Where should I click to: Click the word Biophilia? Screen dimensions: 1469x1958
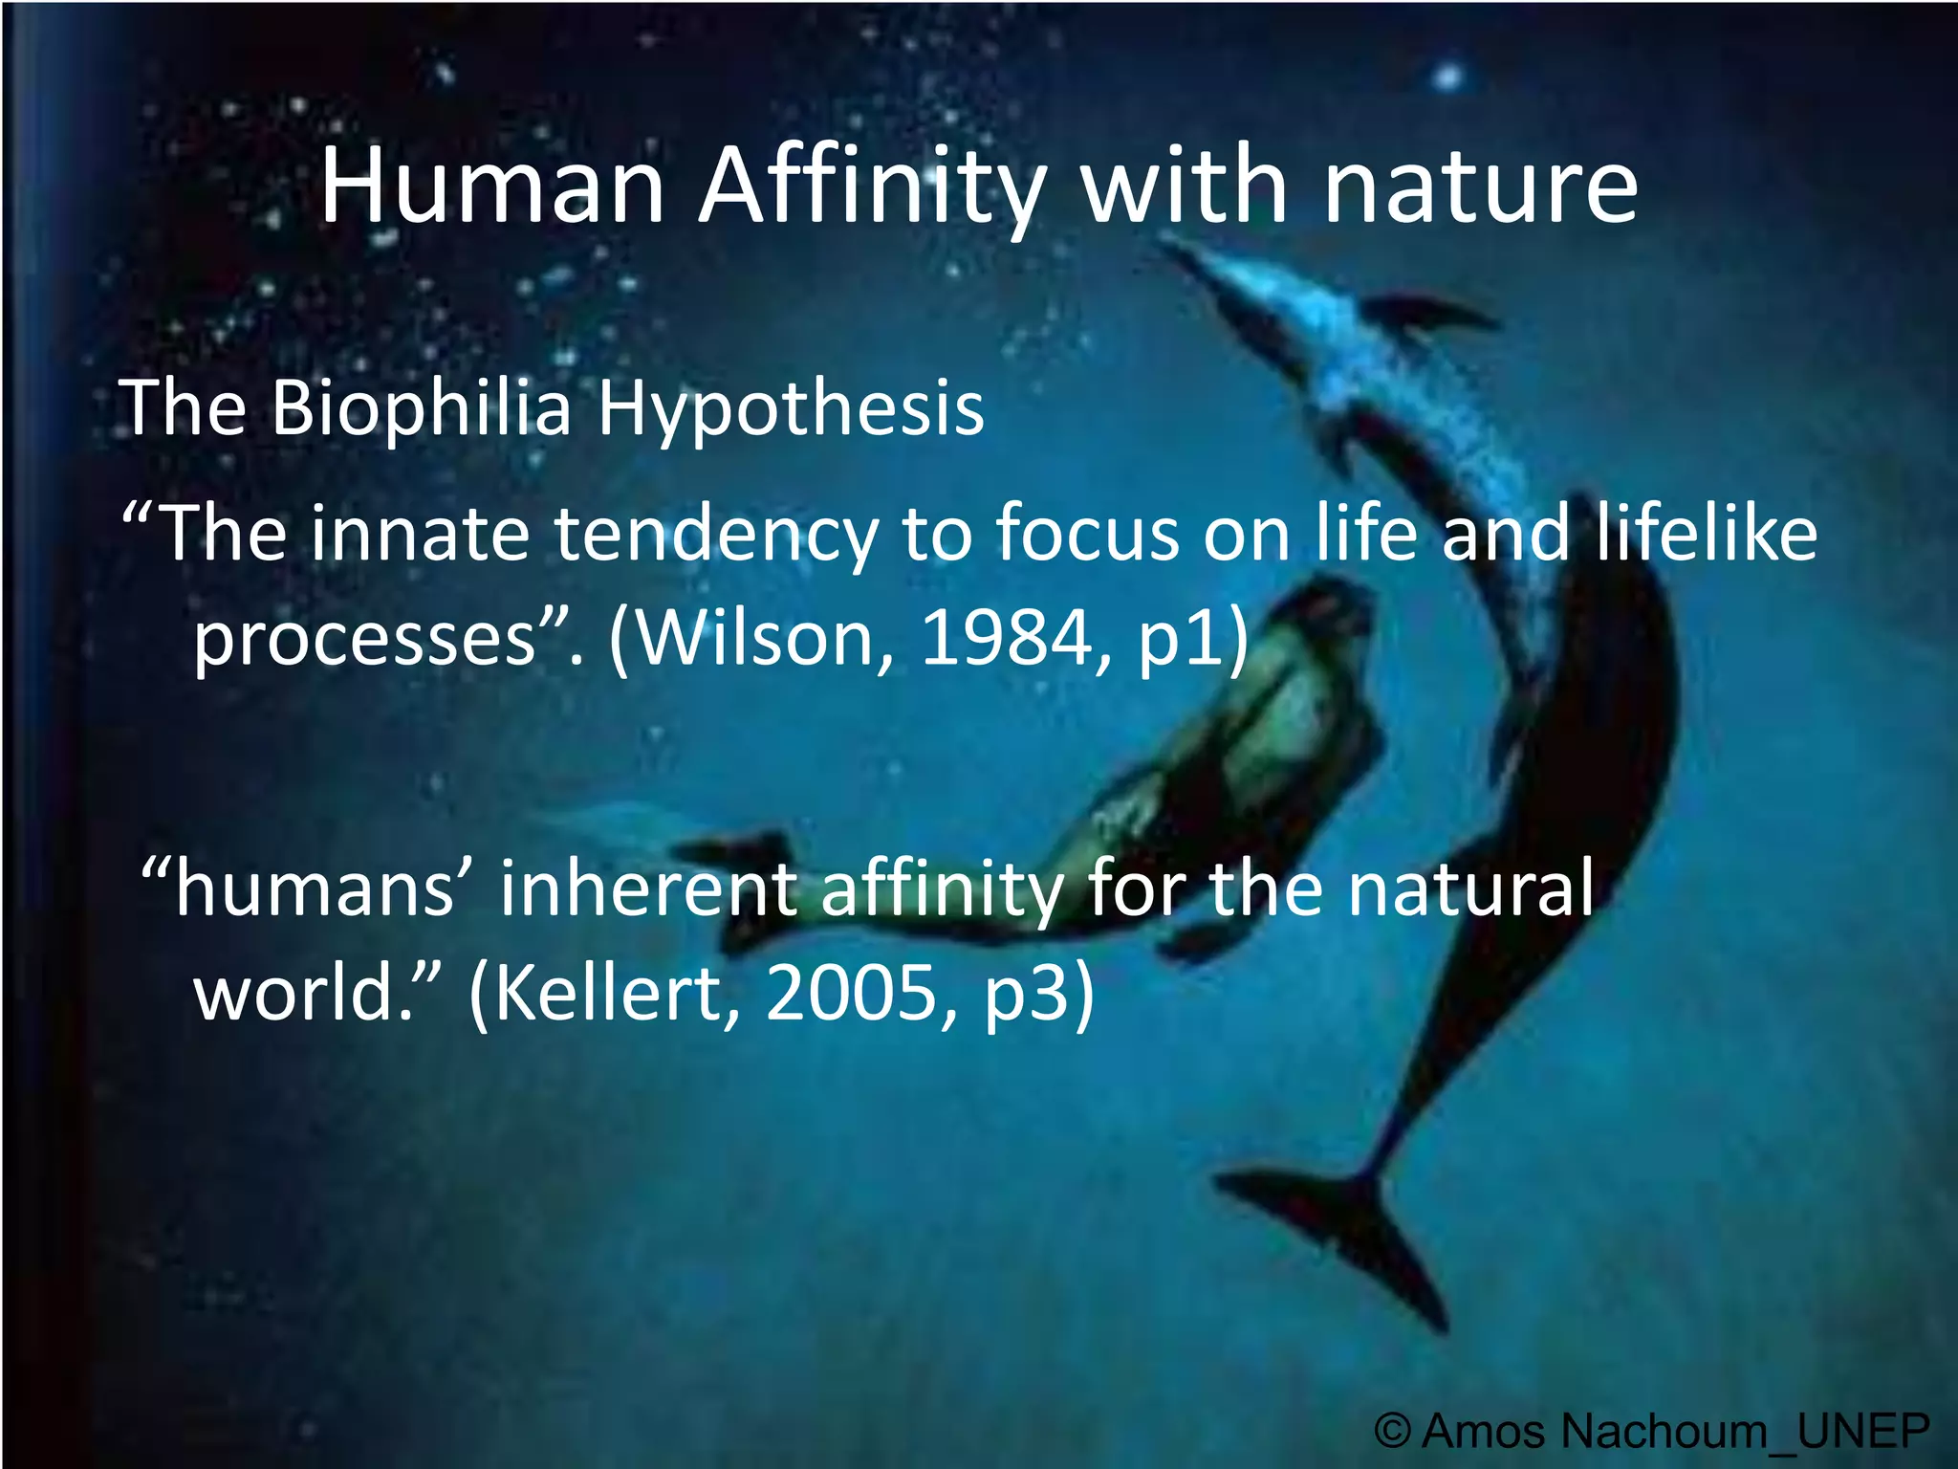point(421,408)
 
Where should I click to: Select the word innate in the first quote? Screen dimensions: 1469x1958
point(421,533)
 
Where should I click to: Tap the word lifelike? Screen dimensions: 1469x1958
point(1706,533)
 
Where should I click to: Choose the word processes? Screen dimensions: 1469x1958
point(363,639)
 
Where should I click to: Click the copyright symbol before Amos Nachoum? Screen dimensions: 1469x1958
point(1393,1432)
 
